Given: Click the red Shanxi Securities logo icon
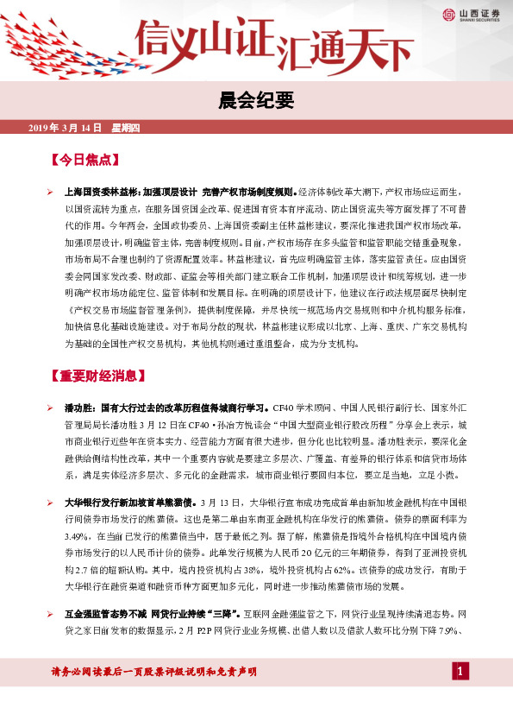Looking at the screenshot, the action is point(448,13).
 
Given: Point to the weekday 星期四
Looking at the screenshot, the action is point(126,128).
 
